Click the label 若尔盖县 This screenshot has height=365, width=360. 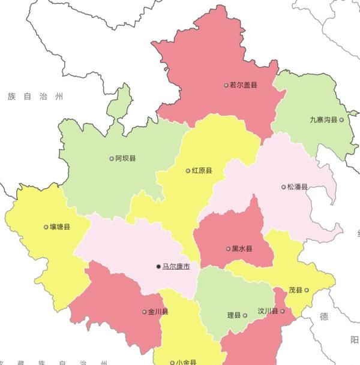pyautogui.click(x=244, y=85)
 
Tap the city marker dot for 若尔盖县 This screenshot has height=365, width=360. pyautogui.click(x=226, y=85)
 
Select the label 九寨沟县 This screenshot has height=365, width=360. pyautogui.click(x=323, y=120)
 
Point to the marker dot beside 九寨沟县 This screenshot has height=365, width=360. pyautogui.click(x=342, y=120)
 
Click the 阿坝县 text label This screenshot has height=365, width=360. pyautogui.click(x=126, y=158)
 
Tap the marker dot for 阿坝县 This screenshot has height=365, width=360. pyautogui.click(x=112, y=158)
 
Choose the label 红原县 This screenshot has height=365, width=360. pyautogui.click(x=202, y=170)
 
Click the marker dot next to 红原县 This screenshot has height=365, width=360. pyautogui.click(x=188, y=170)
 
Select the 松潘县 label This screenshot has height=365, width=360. pyautogui.click(x=297, y=186)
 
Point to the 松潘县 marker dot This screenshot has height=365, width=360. pyautogui.click(x=284, y=186)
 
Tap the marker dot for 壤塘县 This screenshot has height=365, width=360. pyautogui.click(x=46, y=227)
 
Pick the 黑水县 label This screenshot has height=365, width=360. pyautogui.click(x=242, y=248)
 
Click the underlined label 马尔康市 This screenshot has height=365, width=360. pyautogui.click(x=176, y=266)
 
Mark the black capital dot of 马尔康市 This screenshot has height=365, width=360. pyautogui.click(x=158, y=266)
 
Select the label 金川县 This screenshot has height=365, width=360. pyautogui.click(x=158, y=312)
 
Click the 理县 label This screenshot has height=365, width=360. pyautogui.click(x=233, y=315)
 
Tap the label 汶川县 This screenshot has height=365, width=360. pyautogui.click(x=268, y=312)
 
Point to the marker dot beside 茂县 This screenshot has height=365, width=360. pyautogui.click(x=307, y=290)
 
